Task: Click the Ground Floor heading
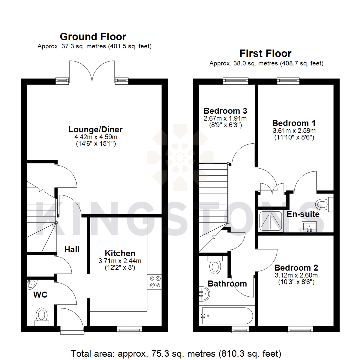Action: [x=93, y=36]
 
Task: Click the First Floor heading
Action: [x=266, y=53]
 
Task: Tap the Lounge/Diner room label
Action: [x=96, y=129]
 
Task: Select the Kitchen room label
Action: [x=120, y=253]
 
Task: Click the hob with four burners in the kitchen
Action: [x=154, y=281]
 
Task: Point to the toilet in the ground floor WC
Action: [x=42, y=315]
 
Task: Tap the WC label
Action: [x=40, y=295]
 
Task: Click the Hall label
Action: [x=72, y=249]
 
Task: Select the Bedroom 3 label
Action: [x=225, y=111]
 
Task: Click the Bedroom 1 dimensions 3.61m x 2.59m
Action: [x=294, y=130]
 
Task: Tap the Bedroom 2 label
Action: [x=296, y=268]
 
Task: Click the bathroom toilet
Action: [x=215, y=266]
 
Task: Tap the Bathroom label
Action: [x=227, y=284]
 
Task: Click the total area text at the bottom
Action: [x=176, y=353]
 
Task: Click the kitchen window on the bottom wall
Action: [x=130, y=330]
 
